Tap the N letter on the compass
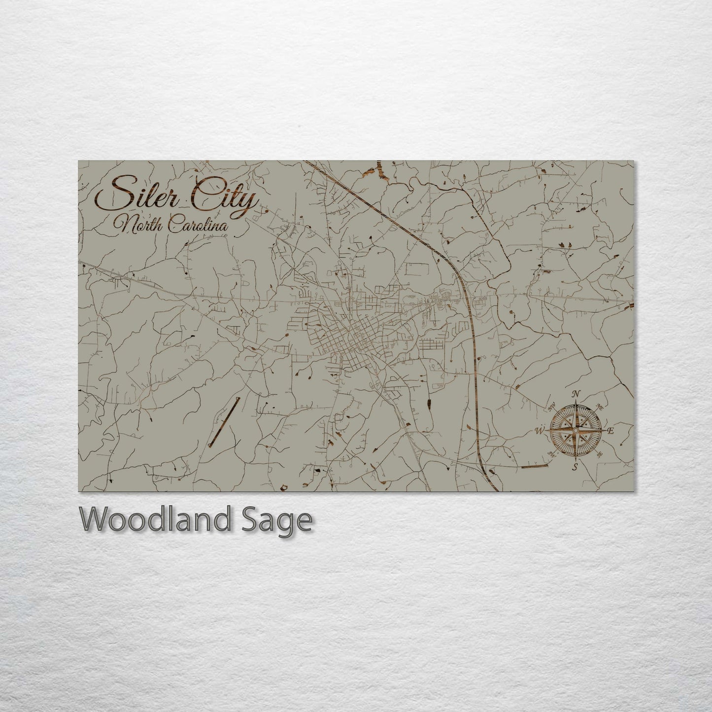coord(575,394)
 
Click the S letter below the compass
coord(575,466)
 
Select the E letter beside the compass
coord(610,431)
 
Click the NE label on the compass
coord(599,406)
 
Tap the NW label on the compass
coord(551,407)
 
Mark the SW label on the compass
coord(551,454)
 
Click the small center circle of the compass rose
coord(575,430)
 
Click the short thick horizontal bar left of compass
coord(535,466)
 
